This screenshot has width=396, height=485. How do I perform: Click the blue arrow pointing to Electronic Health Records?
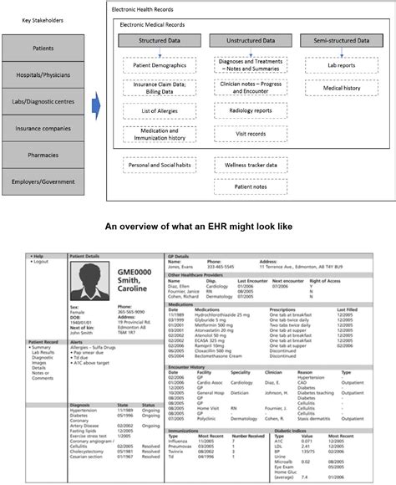pyautogui.click(x=95, y=105)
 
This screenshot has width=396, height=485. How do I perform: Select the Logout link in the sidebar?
pyautogui.click(x=40, y=262)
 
